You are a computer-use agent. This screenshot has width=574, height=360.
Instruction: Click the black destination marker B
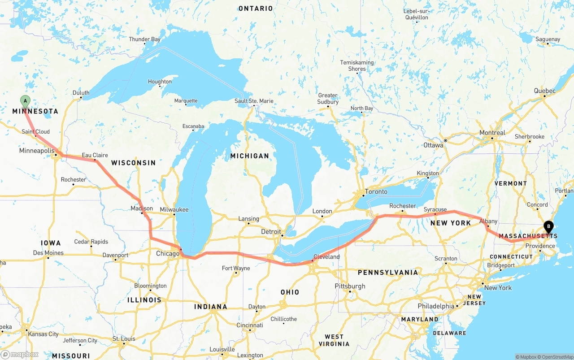tap(548, 227)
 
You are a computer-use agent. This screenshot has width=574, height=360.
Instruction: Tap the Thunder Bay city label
tap(144, 39)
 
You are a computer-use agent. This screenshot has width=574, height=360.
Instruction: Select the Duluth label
tap(81, 93)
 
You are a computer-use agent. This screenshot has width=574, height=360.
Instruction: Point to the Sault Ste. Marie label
tap(254, 101)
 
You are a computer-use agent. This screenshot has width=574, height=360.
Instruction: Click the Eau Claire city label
tap(95, 156)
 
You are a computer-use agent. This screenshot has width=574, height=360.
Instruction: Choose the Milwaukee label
tap(174, 209)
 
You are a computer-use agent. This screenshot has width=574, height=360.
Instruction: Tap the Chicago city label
tap(168, 254)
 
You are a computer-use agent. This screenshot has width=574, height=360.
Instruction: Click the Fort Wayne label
tap(236, 269)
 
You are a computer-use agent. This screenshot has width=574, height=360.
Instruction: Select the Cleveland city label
tap(326, 257)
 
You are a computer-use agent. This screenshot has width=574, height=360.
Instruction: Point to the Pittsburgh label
tap(350, 286)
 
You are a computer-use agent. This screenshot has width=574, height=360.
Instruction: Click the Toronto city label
tap(376, 191)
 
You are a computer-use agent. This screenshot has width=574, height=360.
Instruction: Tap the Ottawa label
tap(433, 145)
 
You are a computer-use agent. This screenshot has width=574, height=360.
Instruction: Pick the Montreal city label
tap(492, 133)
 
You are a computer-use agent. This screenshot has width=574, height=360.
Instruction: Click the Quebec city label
tap(544, 91)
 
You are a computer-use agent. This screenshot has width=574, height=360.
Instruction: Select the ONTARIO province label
tap(256, 9)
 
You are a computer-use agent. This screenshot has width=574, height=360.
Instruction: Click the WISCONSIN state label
tap(134, 163)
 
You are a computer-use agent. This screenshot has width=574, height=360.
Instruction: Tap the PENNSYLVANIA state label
tap(387, 272)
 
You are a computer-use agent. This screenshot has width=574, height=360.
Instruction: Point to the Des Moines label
tap(48, 253)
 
